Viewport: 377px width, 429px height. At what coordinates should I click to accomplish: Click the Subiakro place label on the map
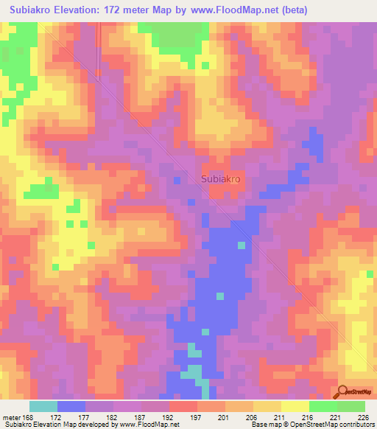point(221,178)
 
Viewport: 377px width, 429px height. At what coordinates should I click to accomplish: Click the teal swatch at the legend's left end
point(43,406)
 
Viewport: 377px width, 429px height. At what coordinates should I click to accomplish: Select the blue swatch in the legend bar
point(71,406)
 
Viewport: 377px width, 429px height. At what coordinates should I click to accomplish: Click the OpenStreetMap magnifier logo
point(343,391)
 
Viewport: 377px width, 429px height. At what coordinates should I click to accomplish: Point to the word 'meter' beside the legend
point(11,417)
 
